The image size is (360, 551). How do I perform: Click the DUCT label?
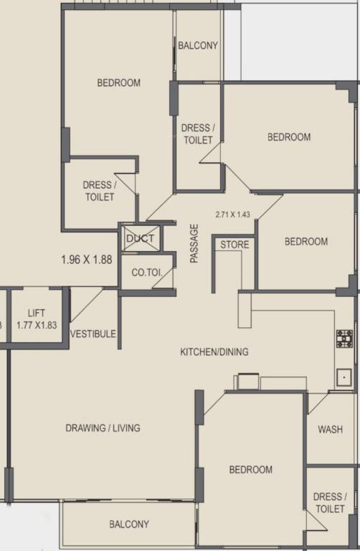(x=141, y=239)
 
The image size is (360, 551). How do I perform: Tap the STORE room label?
(x=235, y=245)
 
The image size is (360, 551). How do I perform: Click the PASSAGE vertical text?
(x=194, y=243)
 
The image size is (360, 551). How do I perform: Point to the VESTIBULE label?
(x=93, y=334)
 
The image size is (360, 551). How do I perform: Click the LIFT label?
(x=37, y=314)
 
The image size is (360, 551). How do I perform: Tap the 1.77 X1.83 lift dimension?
(x=37, y=325)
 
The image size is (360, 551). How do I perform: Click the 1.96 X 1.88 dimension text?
(x=87, y=260)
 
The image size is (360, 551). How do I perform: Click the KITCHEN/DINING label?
(x=214, y=352)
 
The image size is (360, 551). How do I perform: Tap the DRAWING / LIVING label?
(x=103, y=428)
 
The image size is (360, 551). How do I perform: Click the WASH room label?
(x=330, y=430)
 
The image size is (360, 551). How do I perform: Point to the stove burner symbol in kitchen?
(x=344, y=338)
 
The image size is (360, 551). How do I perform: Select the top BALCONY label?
(x=198, y=45)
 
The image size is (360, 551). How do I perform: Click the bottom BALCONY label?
(x=129, y=524)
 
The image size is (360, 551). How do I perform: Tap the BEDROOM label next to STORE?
(x=306, y=242)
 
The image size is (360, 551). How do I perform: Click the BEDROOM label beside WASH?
(x=251, y=470)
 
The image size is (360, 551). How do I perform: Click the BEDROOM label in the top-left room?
(x=119, y=83)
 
